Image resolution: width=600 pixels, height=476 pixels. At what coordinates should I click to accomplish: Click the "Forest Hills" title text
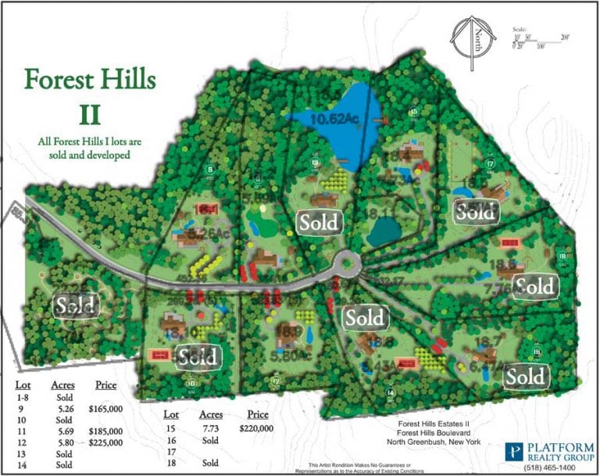(90, 80)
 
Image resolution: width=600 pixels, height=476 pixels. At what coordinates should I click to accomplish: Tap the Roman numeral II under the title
(90, 113)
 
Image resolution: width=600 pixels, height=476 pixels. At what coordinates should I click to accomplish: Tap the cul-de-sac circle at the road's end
(345, 265)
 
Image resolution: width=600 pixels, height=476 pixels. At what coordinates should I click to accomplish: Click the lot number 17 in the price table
(169, 451)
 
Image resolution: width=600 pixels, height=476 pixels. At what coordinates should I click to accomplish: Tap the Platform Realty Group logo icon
(515, 451)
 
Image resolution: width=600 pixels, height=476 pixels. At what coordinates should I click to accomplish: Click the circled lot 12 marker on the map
(275, 381)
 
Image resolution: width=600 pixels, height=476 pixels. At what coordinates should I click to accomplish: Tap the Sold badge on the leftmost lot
(77, 304)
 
